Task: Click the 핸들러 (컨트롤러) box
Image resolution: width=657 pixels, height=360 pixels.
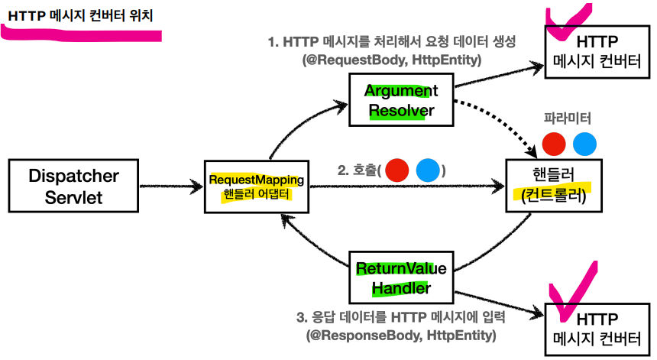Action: [x=549, y=185]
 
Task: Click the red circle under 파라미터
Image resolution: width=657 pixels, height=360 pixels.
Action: [x=553, y=144]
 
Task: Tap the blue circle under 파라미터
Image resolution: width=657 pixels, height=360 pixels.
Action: [x=584, y=144]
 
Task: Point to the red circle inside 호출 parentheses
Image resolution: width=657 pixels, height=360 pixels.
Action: [x=397, y=170]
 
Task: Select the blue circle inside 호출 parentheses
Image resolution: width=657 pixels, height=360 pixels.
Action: [x=428, y=170]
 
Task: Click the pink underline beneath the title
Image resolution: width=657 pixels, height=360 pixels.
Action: [x=80, y=34]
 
